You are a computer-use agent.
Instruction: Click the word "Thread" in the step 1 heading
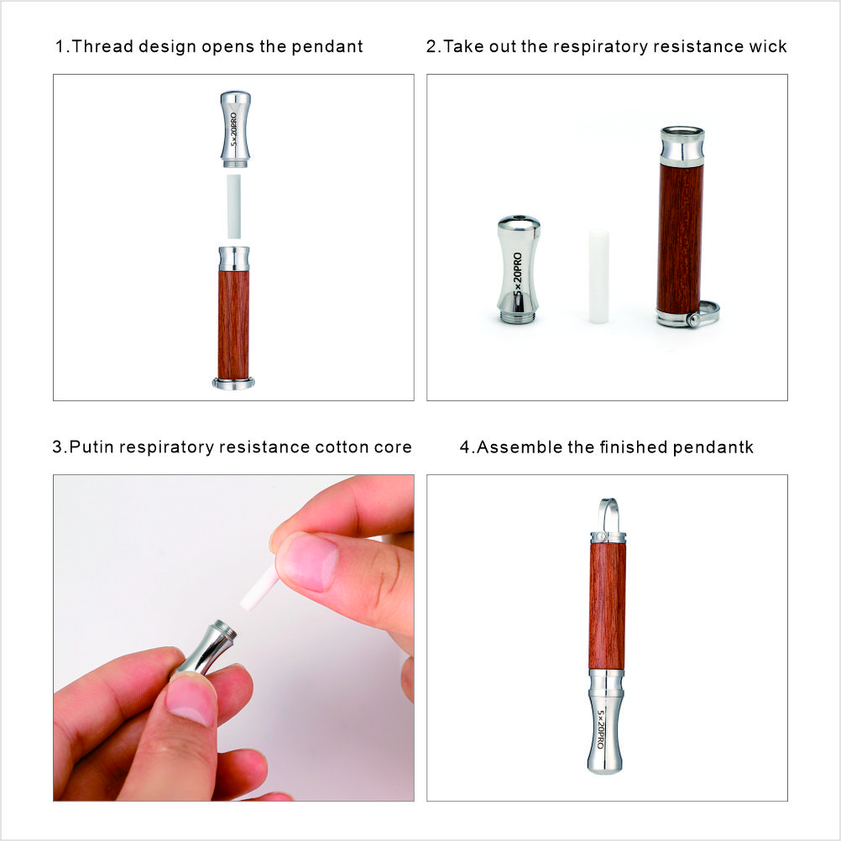click(102, 46)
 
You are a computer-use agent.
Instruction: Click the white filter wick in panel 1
click(234, 206)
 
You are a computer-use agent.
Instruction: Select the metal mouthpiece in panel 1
click(236, 129)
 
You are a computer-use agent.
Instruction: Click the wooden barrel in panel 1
click(233, 325)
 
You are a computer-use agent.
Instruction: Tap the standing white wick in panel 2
click(598, 276)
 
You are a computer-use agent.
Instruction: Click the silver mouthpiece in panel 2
click(518, 269)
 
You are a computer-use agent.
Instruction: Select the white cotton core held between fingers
click(259, 590)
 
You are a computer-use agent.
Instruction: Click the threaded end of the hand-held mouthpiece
click(226, 629)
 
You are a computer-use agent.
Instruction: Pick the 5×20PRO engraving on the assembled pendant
click(601, 729)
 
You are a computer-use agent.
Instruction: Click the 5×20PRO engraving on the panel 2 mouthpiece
click(518, 274)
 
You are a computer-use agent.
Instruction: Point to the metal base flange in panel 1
click(233, 384)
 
